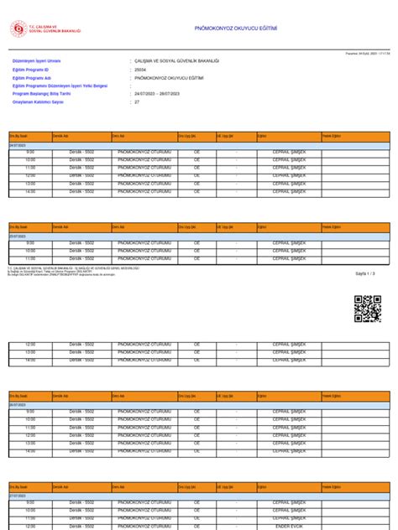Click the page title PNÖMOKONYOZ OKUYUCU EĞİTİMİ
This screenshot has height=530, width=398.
pos(235,28)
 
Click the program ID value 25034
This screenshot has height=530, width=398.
pos(140,69)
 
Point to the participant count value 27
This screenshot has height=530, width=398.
pos(137,101)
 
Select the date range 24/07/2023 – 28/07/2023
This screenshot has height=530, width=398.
pos(158,94)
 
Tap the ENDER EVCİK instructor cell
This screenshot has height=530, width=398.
pos(289,526)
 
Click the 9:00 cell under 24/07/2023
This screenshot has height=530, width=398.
pos(30,153)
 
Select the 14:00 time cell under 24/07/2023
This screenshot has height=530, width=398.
pos(30,193)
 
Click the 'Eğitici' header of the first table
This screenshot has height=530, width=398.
pos(263,135)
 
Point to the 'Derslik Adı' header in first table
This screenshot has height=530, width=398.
pos(60,135)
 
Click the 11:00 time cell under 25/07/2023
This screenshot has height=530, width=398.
pos(30,259)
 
